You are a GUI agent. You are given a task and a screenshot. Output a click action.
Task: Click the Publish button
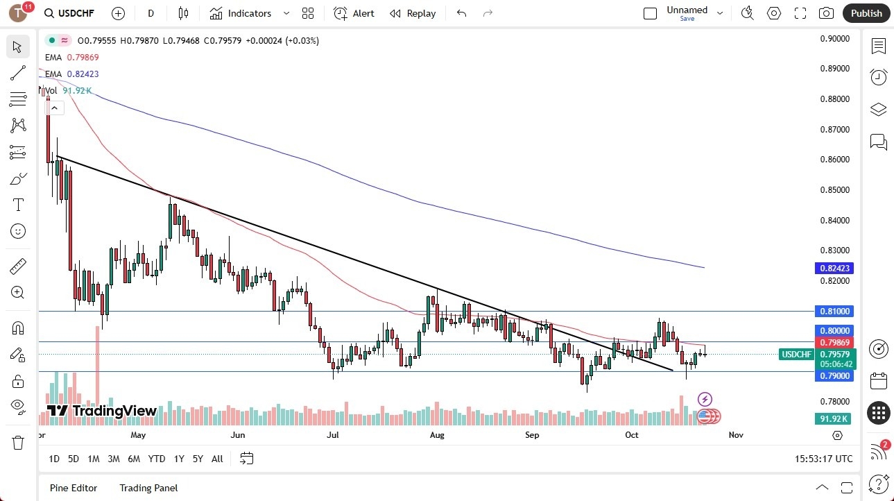point(866,13)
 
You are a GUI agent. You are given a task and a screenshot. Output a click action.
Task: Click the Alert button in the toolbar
point(354,13)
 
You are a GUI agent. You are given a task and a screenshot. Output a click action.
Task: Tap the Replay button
point(413,13)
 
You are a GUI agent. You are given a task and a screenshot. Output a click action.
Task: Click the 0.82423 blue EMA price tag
point(836,268)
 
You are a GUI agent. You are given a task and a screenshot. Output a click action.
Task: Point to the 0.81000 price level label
point(836,312)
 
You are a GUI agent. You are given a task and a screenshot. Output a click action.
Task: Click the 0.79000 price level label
point(836,375)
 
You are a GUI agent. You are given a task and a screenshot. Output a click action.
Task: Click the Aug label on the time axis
point(437,435)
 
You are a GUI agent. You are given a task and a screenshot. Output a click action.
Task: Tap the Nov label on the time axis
point(736,435)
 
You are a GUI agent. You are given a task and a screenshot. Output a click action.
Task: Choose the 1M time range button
point(94,459)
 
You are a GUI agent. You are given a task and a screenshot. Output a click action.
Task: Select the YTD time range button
point(157,459)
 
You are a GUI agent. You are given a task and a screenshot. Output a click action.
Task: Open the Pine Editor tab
point(74,488)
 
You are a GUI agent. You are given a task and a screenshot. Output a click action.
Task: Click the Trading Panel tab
point(148,488)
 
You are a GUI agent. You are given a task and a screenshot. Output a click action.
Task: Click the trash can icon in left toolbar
point(18,443)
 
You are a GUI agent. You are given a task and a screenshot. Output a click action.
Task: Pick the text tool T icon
point(18,205)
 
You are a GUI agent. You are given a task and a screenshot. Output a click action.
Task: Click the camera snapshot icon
point(826,13)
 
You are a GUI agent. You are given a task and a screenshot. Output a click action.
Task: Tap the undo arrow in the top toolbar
point(462,13)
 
